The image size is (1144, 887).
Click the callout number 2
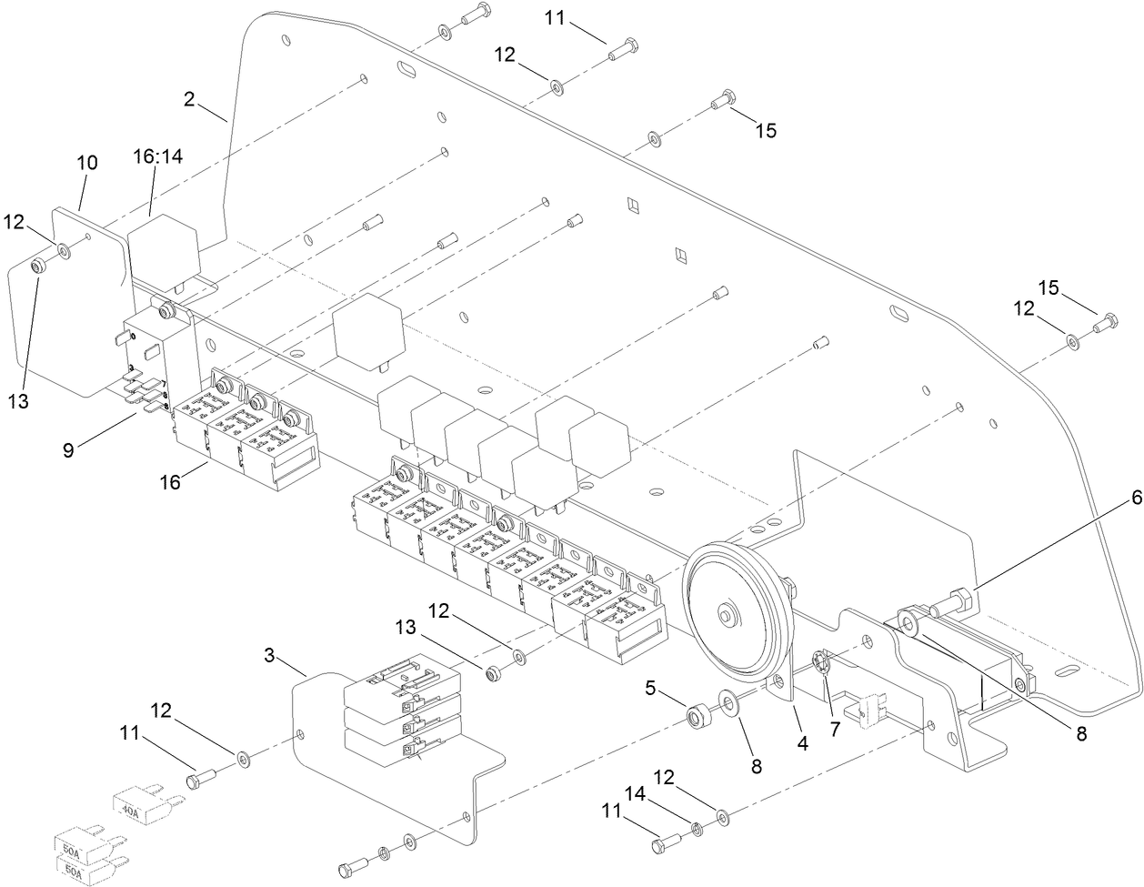coord(189,99)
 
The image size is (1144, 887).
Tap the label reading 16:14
coord(158,156)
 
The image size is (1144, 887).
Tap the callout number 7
coord(834,704)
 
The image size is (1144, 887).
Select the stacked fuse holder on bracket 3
coord(400,714)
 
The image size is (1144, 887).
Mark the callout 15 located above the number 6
coord(1049,287)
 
